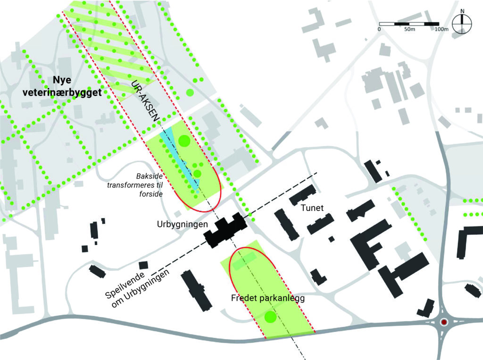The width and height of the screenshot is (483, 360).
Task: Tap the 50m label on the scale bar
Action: click(x=409, y=30)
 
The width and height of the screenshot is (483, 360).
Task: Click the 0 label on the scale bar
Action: click(x=379, y=30)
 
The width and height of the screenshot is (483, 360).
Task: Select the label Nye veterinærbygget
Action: click(x=62, y=88)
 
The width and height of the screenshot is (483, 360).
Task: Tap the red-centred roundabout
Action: click(x=444, y=322)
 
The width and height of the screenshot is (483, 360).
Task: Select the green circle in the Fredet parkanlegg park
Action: click(x=270, y=317)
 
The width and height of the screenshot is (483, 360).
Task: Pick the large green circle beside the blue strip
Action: click(x=184, y=141)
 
